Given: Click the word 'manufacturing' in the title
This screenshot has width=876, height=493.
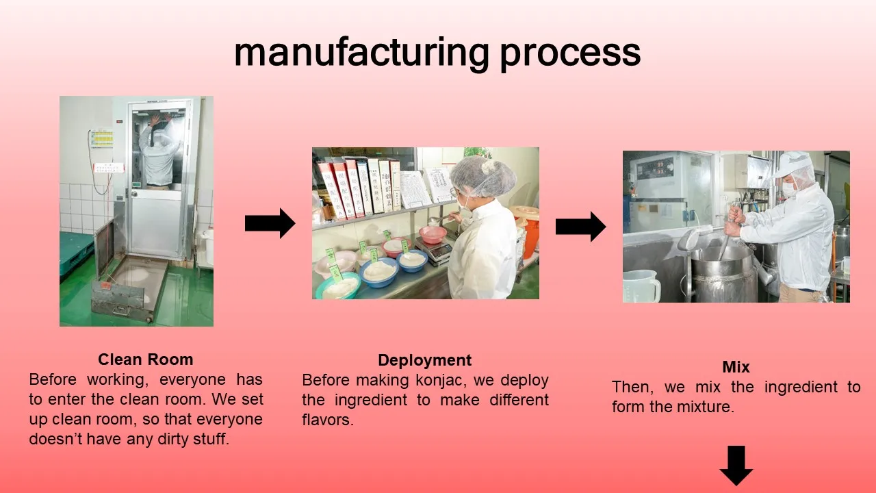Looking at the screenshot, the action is coord(362,53).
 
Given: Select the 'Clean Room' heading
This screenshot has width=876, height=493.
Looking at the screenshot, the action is coord(146,359).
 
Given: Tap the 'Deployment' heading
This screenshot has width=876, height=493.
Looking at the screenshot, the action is coord(425,360).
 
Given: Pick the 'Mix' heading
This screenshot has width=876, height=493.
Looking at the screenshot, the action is coord(736,366).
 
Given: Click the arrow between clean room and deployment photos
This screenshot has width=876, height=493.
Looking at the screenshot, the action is coord(270,223).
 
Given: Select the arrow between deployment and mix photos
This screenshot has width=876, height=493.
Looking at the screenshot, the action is coord(581,227).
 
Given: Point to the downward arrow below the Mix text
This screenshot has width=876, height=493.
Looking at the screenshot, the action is coord(736,465).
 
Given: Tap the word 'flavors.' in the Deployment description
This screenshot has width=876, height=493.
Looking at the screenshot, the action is coord(328,420).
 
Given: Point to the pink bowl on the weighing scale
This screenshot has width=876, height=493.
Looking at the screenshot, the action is coord(433,234).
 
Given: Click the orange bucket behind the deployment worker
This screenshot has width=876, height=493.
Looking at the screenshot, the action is coord(528,231).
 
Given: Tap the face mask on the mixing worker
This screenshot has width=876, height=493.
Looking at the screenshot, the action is coord(790,188).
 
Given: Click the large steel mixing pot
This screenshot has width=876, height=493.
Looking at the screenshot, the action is coord(724,274).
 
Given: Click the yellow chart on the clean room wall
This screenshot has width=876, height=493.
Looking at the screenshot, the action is coord(102,138).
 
